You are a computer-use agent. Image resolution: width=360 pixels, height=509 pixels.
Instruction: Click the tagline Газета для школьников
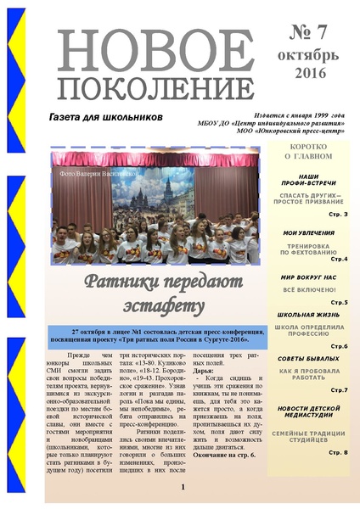coord(105,115)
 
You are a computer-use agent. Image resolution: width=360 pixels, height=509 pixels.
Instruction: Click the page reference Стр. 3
coord(338,214)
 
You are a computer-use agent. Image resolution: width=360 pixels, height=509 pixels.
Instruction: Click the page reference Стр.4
coord(338,259)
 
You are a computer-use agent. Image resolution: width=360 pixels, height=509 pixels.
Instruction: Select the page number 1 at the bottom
coord(183,464)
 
